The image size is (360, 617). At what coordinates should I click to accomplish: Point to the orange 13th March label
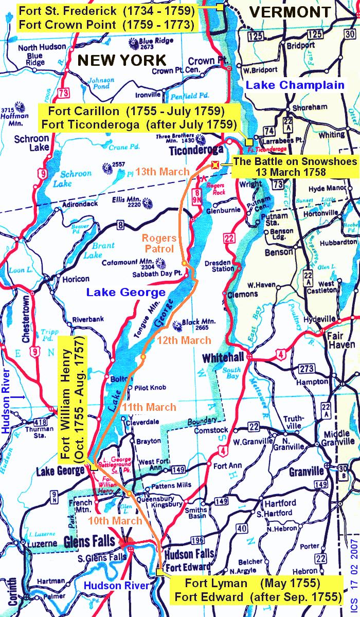[x=163, y=172]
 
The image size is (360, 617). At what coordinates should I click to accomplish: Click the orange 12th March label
[x=184, y=340]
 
